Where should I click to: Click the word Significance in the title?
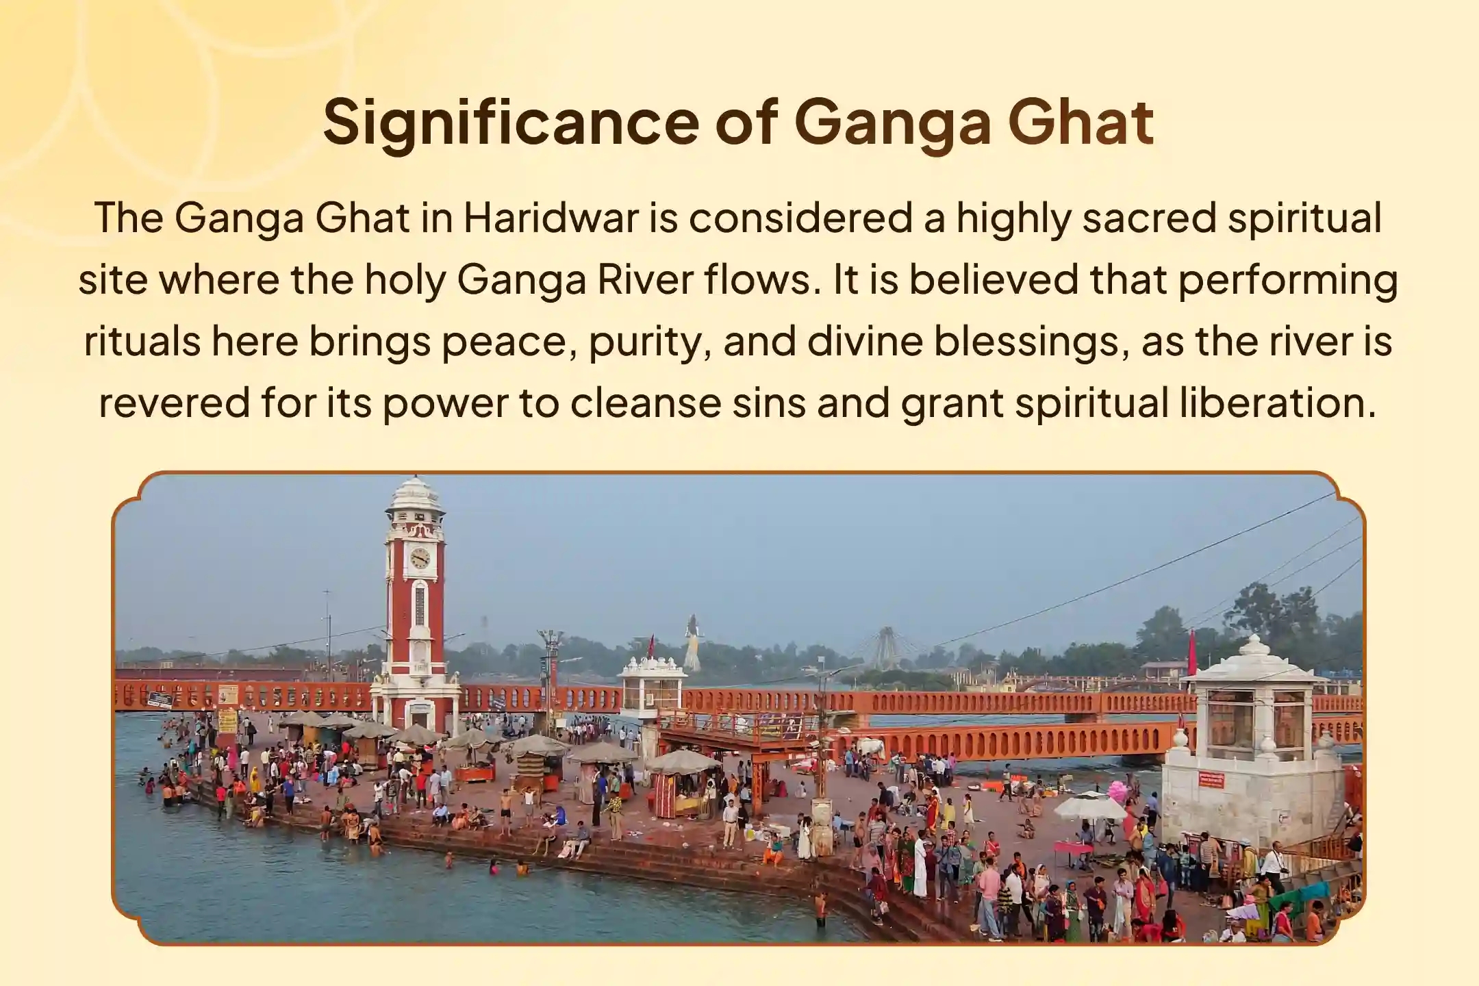coord(511,123)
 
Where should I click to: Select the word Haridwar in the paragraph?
coord(551,218)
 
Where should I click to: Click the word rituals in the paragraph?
coord(142,342)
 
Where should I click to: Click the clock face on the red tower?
coord(419,558)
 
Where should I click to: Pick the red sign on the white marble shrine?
coord(1211,779)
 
